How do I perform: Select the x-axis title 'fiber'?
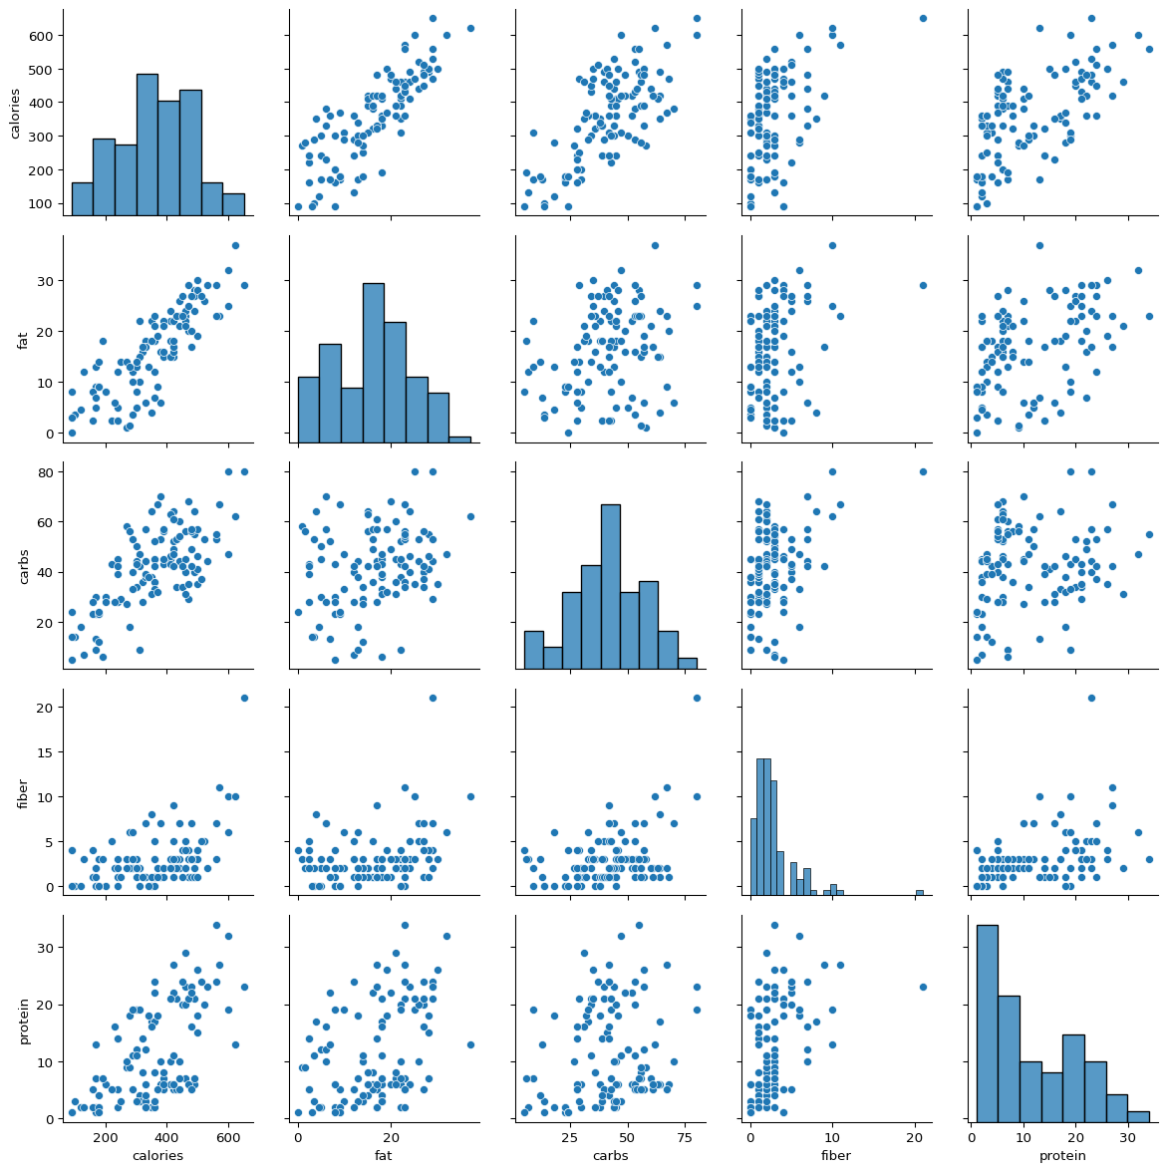click(x=836, y=1156)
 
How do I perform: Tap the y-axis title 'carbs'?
click(x=23, y=564)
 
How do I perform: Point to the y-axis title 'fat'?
click(x=23, y=340)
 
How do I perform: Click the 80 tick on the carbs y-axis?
click(x=44, y=471)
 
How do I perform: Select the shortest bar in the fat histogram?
click(x=460, y=439)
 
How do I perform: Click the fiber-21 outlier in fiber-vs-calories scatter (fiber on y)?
click(x=244, y=698)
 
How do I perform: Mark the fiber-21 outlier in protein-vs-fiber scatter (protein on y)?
click(x=923, y=987)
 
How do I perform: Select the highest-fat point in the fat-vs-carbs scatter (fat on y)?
click(x=655, y=245)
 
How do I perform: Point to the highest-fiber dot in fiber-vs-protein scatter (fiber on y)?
click(x=1091, y=698)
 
